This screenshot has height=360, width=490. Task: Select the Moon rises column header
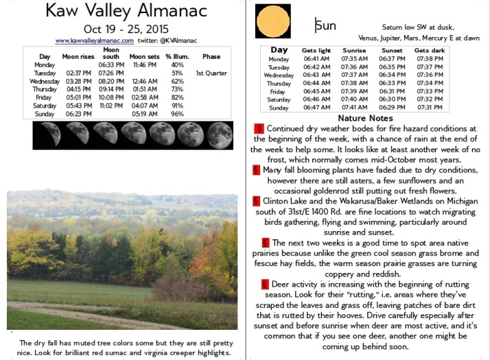tap(78, 56)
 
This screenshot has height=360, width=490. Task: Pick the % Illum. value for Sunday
tap(177, 114)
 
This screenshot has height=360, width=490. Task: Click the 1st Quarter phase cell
tap(211, 73)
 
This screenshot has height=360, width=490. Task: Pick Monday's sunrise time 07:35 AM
tap(355, 60)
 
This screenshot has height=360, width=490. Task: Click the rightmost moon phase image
tap(220, 135)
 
